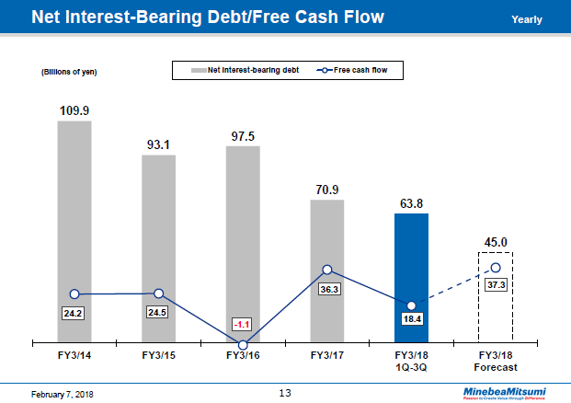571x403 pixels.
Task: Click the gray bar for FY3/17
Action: (x=327, y=239)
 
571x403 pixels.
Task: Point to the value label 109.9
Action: (x=74, y=110)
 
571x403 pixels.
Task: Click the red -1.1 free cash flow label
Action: (x=243, y=324)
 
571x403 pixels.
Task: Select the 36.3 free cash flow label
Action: (x=327, y=288)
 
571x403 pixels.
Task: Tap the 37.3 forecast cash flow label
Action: (x=496, y=285)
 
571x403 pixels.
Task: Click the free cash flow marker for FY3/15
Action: (x=159, y=294)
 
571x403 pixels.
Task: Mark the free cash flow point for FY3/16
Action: (x=243, y=345)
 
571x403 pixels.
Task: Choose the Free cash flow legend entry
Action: (x=358, y=69)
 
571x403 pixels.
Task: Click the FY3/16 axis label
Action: (x=243, y=355)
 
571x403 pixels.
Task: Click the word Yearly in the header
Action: (x=526, y=19)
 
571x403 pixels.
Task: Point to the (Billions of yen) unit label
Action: (x=69, y=72)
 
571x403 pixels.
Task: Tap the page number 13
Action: (x=285, y=394)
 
